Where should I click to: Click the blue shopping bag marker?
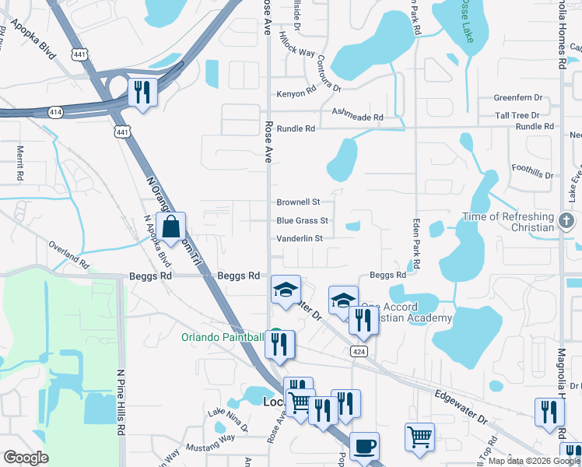point(171,228)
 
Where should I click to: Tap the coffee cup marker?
point(364,448)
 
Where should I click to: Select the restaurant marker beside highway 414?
point(142,93)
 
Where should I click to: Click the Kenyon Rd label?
point(297,94)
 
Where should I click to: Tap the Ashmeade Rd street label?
point(358,117)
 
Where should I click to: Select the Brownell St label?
point(299,202)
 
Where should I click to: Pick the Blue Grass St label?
point(302,220)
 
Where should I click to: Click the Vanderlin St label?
point(300,238)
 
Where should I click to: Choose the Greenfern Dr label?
point(517,98)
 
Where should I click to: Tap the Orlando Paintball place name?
point(223,337)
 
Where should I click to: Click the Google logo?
point(26,458)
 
